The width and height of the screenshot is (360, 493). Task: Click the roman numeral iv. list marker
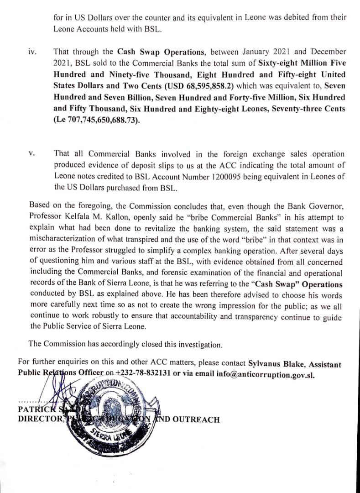coord(32,52)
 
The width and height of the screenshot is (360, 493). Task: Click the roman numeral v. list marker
coord(31,154)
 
